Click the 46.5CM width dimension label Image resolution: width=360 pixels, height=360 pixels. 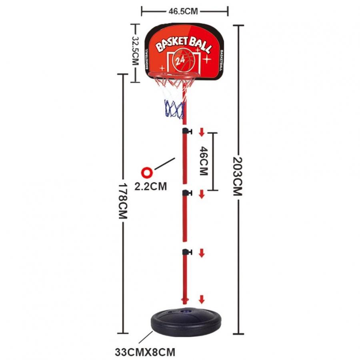[x=183, y=11]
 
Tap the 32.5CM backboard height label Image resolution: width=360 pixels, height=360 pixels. [x=136, y=50]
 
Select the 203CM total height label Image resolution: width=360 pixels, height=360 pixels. [x=238, y=176]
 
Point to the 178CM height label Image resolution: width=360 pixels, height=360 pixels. [x=123, y=201]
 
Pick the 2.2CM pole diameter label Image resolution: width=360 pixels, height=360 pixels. [x=151, y=186]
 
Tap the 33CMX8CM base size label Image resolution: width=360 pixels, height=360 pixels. [x=145, y=352]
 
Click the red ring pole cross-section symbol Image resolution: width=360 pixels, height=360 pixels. [x=147, y=173]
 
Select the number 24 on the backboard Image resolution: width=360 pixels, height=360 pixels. [x=180, y=60]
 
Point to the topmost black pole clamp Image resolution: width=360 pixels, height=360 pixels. [x=187, y=131]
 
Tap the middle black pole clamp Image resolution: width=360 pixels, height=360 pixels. [x=187, y=193]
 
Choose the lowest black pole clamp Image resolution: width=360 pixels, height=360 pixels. [x=187, y=252]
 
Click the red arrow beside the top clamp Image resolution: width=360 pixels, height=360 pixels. [x=202, y=132]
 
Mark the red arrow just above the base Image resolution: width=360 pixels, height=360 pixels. [x=202, y=299]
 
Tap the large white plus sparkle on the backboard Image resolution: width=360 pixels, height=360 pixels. [x=207, y=59]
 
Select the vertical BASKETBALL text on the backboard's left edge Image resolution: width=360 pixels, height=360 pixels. [x=147, y=59]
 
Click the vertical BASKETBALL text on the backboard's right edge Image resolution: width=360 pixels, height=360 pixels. [x=221, y=60]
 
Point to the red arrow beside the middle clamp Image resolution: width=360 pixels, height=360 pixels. [x=202, y=194]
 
